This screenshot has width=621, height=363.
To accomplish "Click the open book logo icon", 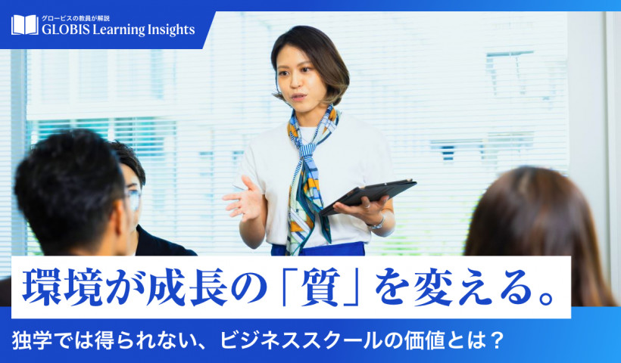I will (24, 25).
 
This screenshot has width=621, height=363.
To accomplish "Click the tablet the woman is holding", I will (368, 196).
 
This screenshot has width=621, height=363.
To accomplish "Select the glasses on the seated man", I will (134, 197).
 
